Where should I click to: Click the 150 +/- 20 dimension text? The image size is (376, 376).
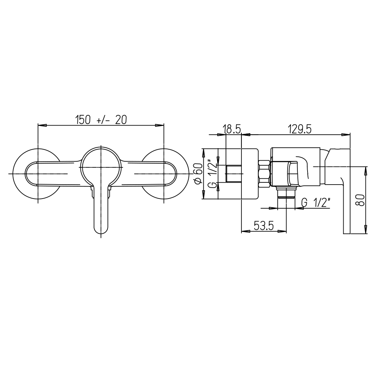point(101,120)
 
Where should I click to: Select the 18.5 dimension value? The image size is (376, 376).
point(232,129)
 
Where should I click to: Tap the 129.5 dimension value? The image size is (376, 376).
point(300,129)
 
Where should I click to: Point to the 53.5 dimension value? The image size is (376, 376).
point(264,226)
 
